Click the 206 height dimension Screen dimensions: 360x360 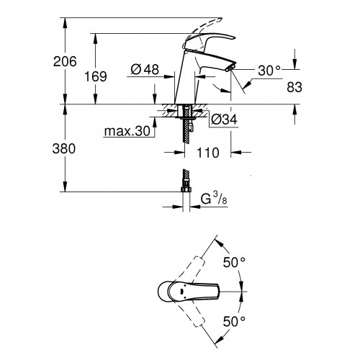click(65, 61)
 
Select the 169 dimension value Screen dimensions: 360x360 click(96, 76)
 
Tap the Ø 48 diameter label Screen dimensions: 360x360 click(145, 70)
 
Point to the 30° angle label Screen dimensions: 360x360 click(269, 71)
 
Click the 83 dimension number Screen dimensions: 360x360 click(294, 87)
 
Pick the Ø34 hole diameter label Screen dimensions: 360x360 click(224, 120)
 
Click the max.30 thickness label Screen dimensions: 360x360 click(127, 131)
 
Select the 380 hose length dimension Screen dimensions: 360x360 click(64, 148)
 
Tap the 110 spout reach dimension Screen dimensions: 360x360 click(208, 153)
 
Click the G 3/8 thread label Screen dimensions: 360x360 click(214, 199)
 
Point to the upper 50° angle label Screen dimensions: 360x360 click(234, 262)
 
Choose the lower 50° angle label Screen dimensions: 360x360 click(234, 322)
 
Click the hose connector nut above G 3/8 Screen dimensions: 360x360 click(186, 190)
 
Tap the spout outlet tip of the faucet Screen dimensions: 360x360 click(230, 68)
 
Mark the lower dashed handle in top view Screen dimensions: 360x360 click(192, 314)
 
